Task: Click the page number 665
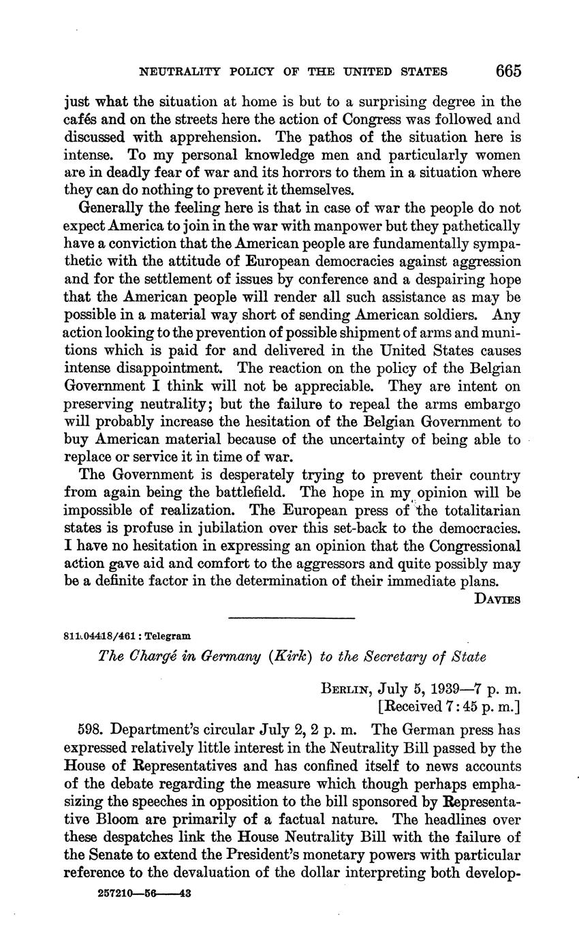coord(508,70)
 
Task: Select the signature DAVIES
coord(497,600)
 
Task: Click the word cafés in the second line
coord(84,120)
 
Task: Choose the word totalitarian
coord(482,510)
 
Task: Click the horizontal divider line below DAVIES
coord(292,618)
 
